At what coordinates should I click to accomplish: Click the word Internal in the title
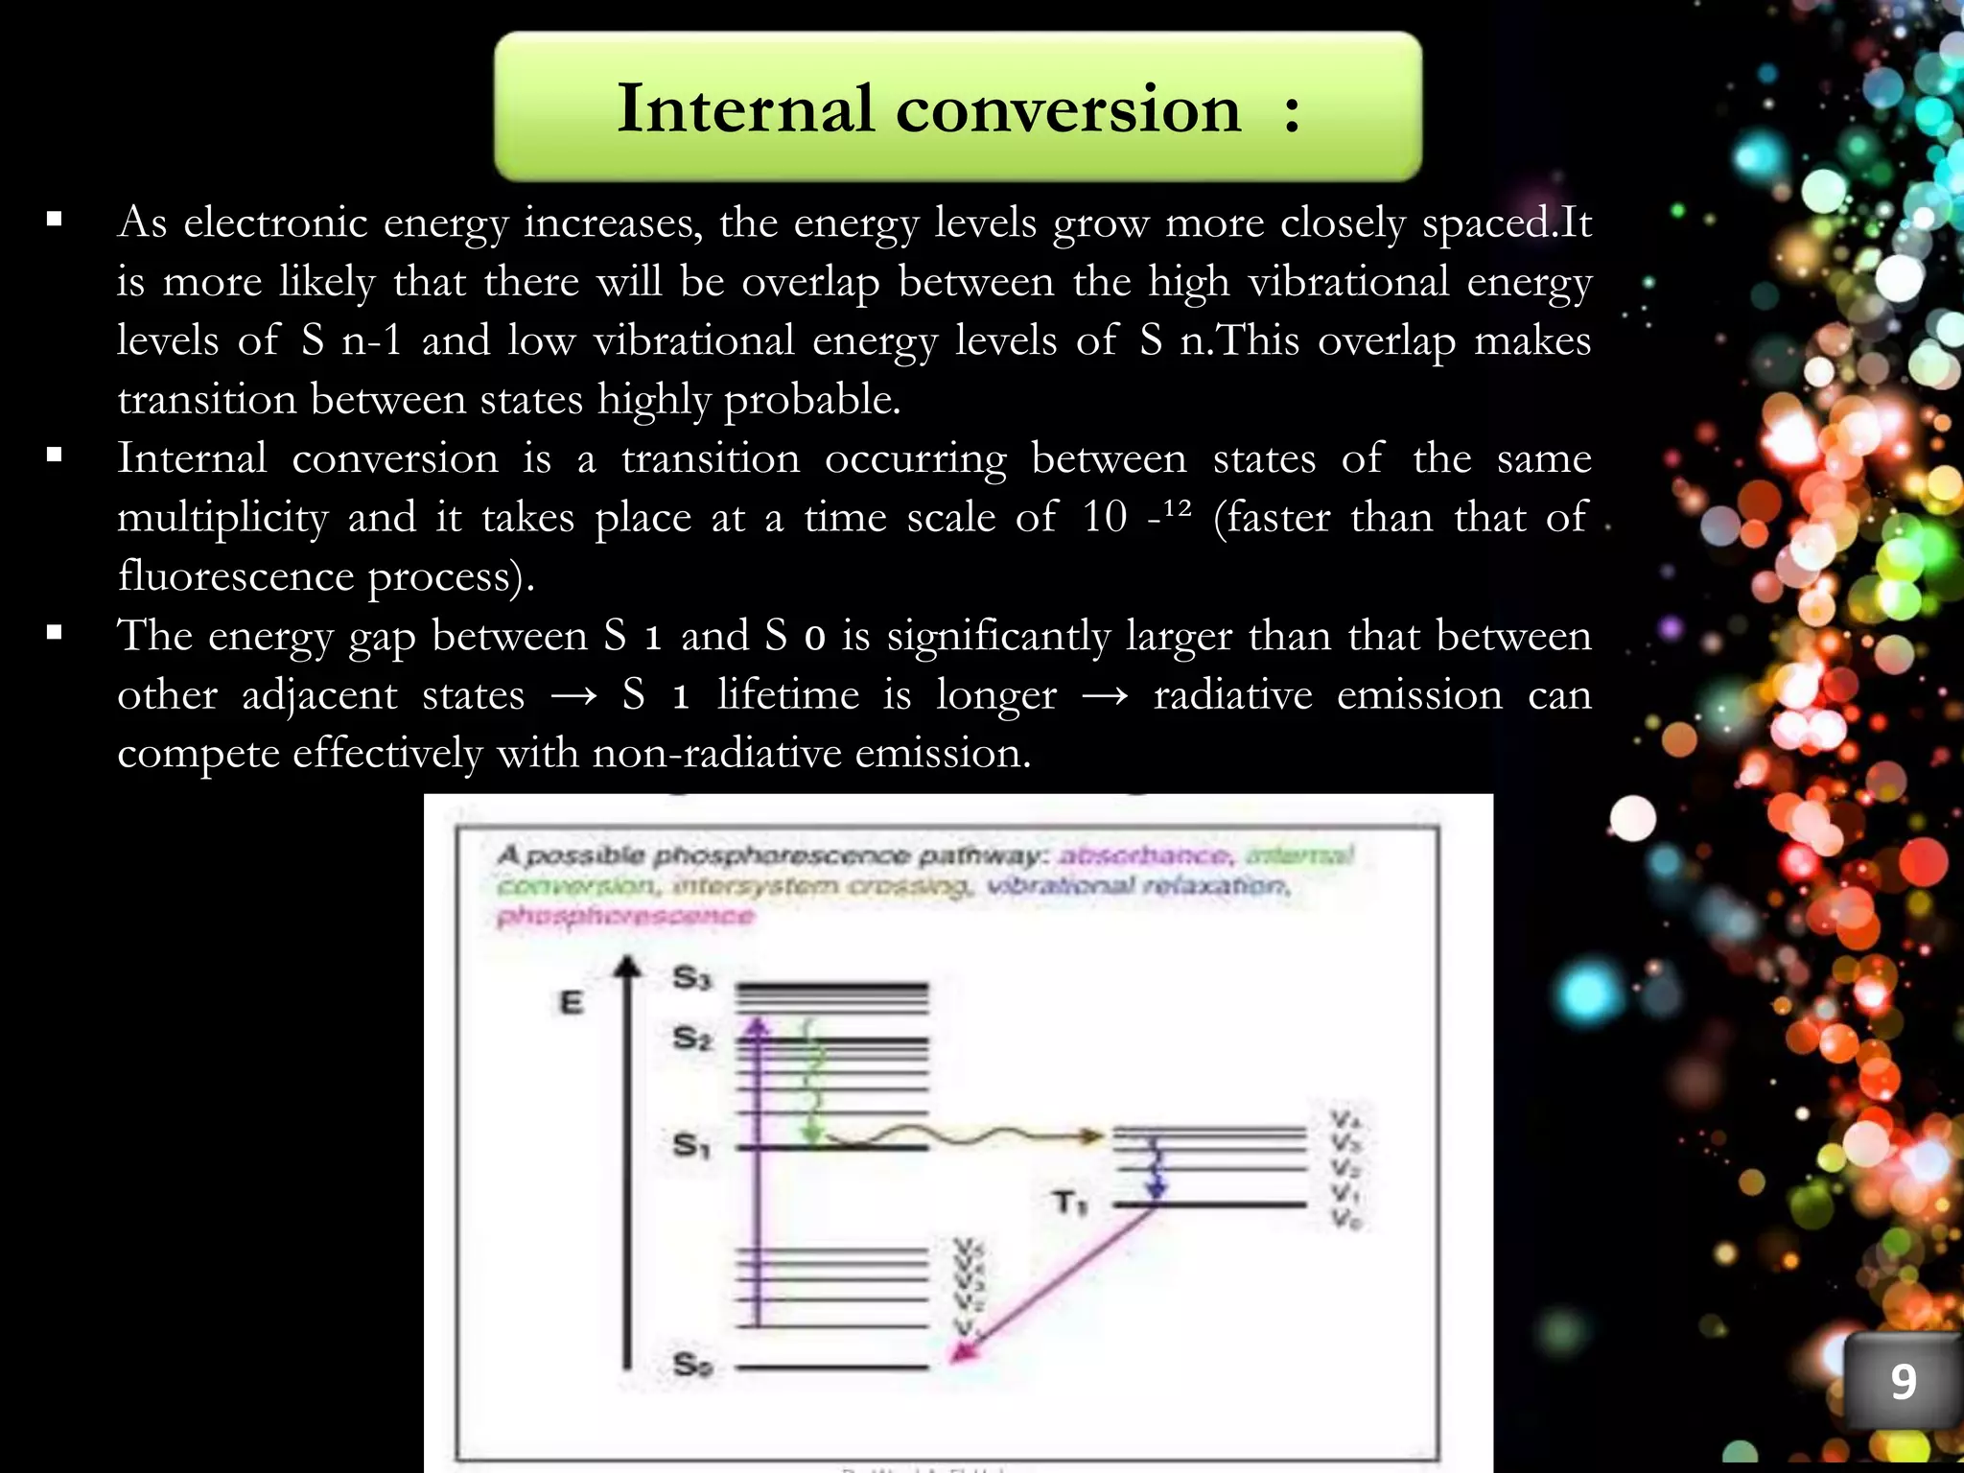pos(744,107)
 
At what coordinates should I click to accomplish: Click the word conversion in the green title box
pos(1068,107)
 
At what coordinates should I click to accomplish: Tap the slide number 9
pos(1903,1382)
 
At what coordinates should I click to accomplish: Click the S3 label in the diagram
pos(691,978)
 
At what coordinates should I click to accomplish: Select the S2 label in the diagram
pos(691,1038)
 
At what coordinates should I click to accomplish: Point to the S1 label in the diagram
pos(690,1145)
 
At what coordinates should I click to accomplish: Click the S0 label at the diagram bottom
pos(691,1365)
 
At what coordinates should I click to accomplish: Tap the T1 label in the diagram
pos(1069,1203)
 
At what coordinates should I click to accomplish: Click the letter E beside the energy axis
pos(571,1003)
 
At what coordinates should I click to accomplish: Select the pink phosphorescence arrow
pos(1055,1285)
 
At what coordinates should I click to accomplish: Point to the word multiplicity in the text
pos(222,518)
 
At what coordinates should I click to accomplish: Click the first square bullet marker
pos(54,221)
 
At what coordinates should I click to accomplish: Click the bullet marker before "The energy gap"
pos(54,633)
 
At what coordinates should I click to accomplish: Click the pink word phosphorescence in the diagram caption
pos(624,917)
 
